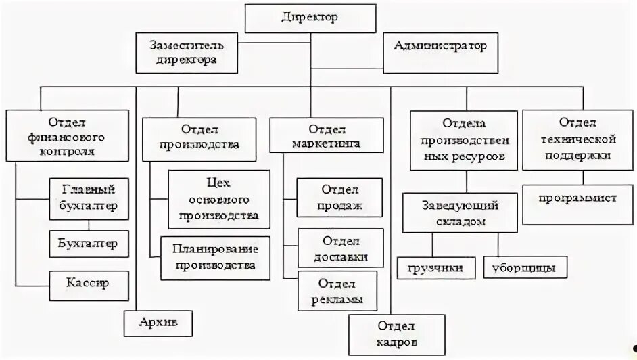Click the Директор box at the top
point(309,18)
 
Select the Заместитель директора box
point(186,53)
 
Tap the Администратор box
point(440,48)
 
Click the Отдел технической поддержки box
point(577,139)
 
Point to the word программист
point(577,199)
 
